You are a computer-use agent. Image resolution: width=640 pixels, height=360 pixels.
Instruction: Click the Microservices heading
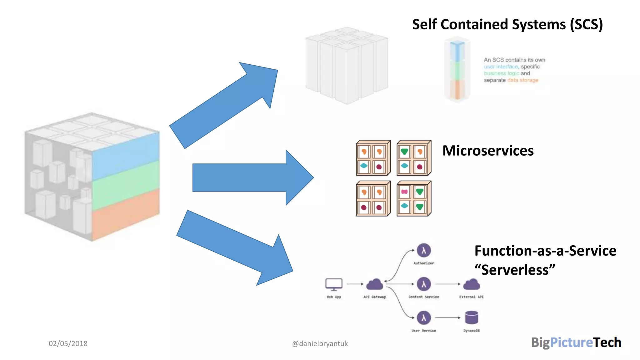tap(488, 151)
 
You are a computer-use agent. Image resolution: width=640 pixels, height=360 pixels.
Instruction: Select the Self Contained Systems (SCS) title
tap(507, 24)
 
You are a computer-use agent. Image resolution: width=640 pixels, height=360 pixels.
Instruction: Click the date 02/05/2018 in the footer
tap(68, 343)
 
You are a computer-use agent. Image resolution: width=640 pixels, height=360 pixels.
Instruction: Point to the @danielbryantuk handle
tap(320, 343)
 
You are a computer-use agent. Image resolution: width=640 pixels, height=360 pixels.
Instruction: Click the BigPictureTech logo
tap(576, 342)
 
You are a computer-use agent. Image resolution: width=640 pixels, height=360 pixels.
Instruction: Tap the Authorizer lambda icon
tap(423, 250)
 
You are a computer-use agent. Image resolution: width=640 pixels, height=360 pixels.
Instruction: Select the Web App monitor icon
tap(334, 284)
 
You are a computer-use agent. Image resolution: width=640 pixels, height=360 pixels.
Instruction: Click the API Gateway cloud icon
tap(374, 284)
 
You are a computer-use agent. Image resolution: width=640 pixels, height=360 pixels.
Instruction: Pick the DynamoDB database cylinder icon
tap(471, 317)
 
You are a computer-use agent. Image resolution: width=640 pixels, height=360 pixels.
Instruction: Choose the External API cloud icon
tap(471, 284)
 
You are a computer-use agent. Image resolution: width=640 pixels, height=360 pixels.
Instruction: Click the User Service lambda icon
tap(423, 317)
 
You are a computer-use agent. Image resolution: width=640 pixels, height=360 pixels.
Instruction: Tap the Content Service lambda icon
tap(423, 284)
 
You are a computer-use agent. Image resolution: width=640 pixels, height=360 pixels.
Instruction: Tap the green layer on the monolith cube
tap(125, 184)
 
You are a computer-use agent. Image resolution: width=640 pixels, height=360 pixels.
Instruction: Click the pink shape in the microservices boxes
tap(404, 192)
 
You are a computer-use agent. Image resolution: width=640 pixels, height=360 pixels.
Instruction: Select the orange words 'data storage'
tap(522, 80)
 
